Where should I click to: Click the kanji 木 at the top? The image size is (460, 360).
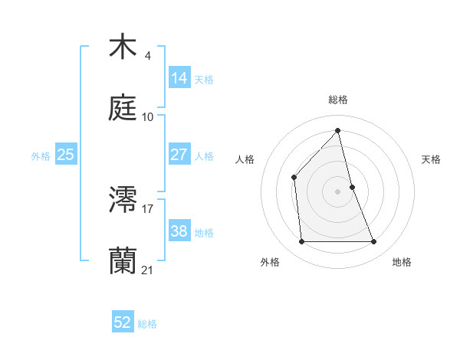click(123, 47)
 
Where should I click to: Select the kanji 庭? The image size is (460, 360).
click(123, 108)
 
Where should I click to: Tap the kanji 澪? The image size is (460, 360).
click(123, 201)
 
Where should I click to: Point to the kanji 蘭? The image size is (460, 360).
click(123, 261)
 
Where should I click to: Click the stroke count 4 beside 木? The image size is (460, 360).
click(147, 56)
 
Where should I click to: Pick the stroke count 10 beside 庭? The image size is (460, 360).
click(148, 116)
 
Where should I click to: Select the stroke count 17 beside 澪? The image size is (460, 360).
click(148, 209)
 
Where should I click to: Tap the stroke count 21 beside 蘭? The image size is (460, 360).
click(148, 270)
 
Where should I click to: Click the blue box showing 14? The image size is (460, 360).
click(179, 77)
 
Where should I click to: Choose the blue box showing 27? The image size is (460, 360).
click(179, 154)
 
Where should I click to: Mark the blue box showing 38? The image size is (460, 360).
click(179, 231)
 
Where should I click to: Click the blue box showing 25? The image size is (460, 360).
click(65, 154)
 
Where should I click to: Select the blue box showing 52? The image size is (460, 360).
click(123, 322)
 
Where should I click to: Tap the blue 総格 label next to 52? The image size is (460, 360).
click(148, 324)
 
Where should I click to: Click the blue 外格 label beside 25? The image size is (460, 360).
click(41, 155)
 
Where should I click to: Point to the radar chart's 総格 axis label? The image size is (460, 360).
click(338, 100)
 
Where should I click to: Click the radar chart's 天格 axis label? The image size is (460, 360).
click(432, 159)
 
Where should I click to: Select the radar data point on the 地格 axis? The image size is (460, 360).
click(374, 242)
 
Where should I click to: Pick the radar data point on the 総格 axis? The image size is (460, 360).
click(338, 131)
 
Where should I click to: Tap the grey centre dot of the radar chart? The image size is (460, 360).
click(338, 191)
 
